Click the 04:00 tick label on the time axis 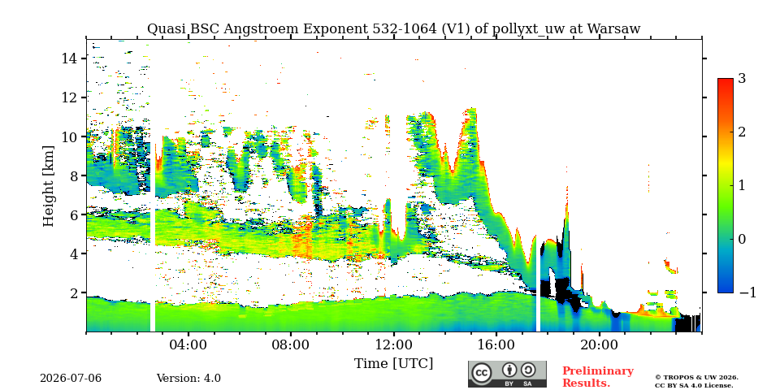188,344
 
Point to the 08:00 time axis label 291,344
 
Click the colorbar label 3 742,78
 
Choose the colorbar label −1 747,292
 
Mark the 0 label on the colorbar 742,239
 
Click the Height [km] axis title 48,186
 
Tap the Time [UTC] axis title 393,364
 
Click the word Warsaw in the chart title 614,29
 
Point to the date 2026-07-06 71,379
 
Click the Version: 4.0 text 188,379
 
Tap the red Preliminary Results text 597,377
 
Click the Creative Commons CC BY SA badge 507,374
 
